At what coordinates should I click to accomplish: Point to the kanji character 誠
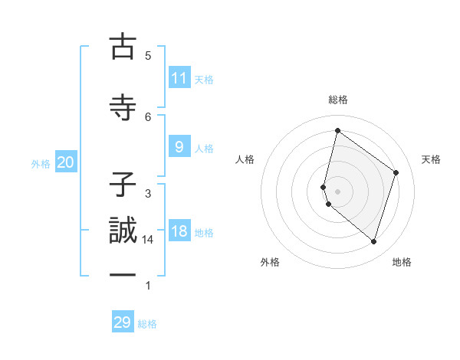[123, 232]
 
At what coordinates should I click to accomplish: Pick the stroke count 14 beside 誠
[148, 240]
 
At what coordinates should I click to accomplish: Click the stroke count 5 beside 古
[148, 55]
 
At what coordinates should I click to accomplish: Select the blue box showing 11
[179, 78]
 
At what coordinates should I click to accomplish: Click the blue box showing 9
[179, 147]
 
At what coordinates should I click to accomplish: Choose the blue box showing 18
[179, 231]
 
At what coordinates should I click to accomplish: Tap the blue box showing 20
[66, 162]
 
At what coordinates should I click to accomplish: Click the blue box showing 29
[123, 322]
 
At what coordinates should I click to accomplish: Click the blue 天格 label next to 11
[204, 80]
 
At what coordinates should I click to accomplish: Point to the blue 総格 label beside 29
[147, 324]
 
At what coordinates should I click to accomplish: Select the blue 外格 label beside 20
[41, 164]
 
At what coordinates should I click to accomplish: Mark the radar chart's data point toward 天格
[396, 172]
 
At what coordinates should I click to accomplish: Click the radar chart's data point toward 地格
[373, 242]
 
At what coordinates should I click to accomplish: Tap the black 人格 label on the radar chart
[245, 159]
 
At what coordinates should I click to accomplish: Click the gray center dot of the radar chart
[337, 191]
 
